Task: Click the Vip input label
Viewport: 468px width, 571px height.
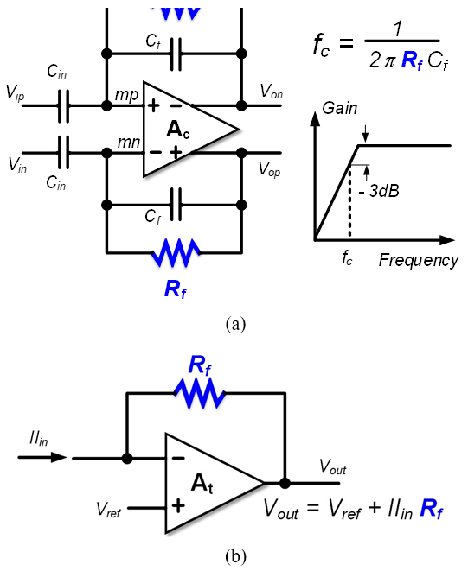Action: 15,92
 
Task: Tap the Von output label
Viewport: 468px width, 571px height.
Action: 271,91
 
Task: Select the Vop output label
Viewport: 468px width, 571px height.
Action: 269,169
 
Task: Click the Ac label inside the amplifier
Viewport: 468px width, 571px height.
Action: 177,130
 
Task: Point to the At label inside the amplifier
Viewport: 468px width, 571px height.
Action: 202,484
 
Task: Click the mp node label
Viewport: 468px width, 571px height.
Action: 126,95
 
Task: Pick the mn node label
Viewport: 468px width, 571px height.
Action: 129,142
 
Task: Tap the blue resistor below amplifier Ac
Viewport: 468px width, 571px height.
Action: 176,252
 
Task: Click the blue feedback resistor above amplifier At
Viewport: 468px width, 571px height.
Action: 200,393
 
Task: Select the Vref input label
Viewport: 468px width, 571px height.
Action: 108,509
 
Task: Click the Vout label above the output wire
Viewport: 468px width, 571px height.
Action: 332,466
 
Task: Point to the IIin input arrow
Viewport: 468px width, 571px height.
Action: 42,457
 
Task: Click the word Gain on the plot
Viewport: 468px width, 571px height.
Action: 340,109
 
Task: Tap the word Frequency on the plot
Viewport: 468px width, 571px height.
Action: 419,260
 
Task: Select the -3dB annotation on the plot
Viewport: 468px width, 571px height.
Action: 380,190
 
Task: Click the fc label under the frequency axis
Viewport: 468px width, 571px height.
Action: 347,257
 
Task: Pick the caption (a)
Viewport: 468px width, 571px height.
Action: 235,324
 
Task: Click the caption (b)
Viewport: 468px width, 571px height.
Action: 235,556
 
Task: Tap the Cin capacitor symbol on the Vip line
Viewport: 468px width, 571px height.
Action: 63,105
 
